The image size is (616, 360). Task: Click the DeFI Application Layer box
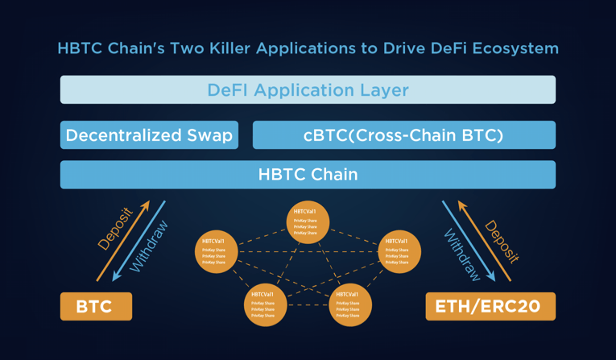pos(308,89)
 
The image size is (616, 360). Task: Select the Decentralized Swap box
pos(150,135)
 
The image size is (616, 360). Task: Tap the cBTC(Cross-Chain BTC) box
pos(403,135)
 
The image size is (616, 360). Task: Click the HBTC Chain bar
pos(308,174)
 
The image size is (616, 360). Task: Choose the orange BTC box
pos(96,307)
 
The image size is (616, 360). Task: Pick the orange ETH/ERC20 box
pos(490,307)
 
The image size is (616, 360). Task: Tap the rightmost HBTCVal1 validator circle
pos(399,251)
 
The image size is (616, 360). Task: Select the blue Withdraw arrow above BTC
pos(142,242)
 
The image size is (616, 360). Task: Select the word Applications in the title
pos(303,48)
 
